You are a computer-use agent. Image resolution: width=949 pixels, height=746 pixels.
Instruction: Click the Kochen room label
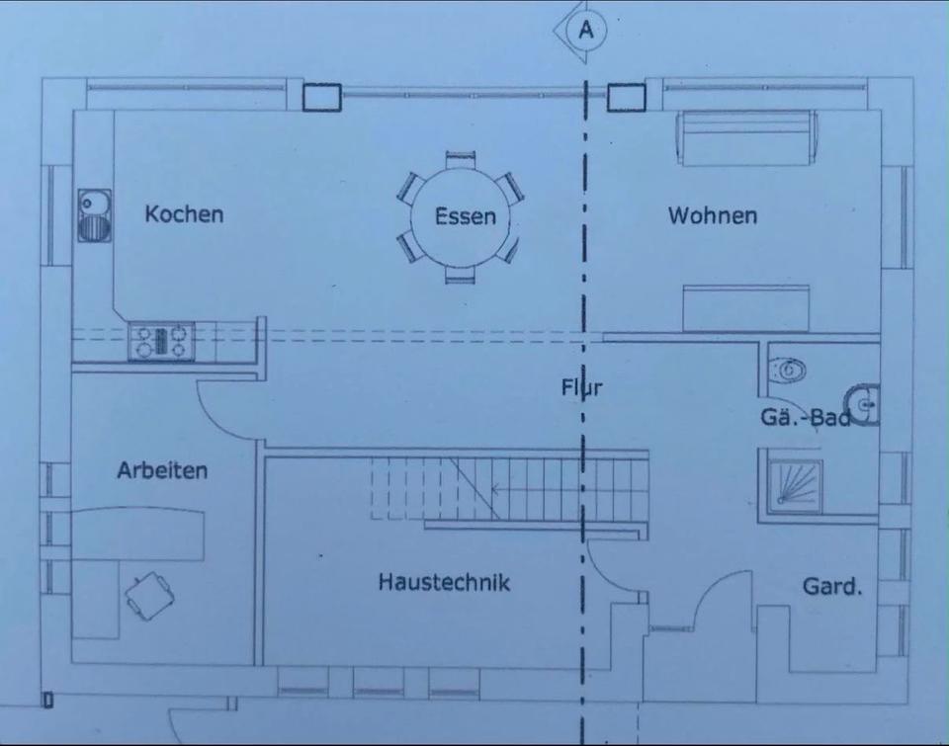[184, 214]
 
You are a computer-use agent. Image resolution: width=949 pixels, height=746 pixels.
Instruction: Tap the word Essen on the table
[466, 216]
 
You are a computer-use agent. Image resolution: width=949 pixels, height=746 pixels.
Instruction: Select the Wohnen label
[713, 215]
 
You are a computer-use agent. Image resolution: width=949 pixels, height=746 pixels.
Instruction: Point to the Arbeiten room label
[162, 470]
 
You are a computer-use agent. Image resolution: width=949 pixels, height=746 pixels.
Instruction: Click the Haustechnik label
[444, 582]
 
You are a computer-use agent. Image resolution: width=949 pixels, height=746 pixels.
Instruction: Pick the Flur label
[581, 387]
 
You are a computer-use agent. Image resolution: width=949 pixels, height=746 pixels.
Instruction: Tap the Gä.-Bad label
[806, 418]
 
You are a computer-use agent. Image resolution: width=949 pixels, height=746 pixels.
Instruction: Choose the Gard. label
[832, 586]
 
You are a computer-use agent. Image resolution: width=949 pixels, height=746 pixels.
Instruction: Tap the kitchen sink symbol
[95, 215]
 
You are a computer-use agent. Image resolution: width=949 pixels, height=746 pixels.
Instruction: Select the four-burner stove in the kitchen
[161, 341]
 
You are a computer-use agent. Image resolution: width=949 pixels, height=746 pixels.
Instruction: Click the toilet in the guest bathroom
[788, 370]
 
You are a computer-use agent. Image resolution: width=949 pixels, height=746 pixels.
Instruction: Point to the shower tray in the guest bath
[795, 483]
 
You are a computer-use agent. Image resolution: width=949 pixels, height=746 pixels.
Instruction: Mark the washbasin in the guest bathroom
[862, 404]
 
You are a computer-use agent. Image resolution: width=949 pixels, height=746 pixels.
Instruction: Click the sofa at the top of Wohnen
[747, 137]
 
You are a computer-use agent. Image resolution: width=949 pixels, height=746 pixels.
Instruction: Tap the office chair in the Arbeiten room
[150, 596]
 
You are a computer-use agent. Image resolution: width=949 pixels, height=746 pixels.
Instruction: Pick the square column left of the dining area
[322, 97]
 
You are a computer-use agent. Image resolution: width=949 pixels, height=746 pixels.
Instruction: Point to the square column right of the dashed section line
[627, 97]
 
